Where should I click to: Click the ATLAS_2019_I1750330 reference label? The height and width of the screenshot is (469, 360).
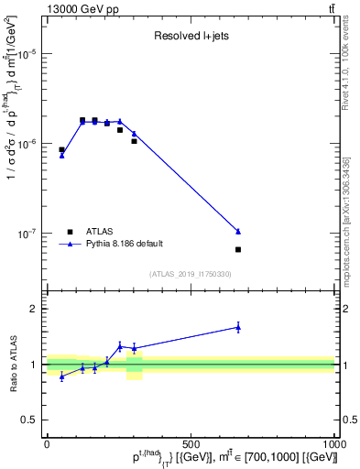click(190, 274)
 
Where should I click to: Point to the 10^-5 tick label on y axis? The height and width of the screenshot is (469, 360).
click(27, 54)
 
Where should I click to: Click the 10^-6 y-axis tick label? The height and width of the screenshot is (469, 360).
click(27, 144)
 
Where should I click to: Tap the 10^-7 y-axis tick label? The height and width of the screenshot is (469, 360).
click(27, 234)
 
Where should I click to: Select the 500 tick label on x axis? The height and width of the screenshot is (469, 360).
click(191, 444)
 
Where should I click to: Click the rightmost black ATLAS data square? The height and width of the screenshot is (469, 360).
click(238, 249)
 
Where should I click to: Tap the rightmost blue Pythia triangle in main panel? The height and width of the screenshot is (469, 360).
click(238, 231)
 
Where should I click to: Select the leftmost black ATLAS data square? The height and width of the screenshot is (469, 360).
click(61, 149)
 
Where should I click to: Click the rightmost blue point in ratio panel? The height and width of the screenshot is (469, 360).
click(238, 326)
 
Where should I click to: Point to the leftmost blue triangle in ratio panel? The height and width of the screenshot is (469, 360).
click(61, 376)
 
